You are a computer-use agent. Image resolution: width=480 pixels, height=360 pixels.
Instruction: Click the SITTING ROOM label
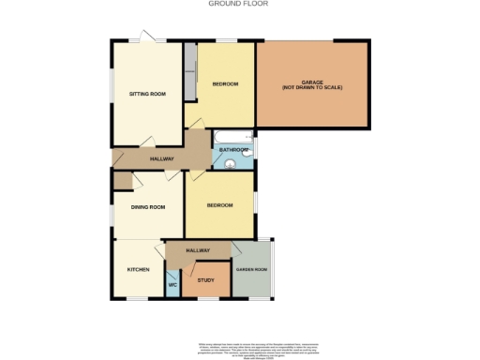147,94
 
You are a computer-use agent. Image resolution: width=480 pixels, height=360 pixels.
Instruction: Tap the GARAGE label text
312,85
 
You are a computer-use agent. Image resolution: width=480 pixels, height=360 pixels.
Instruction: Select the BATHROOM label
233,150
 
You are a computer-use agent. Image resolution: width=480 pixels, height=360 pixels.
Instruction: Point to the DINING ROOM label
148,207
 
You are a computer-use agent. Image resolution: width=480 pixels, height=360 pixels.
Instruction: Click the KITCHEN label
139,270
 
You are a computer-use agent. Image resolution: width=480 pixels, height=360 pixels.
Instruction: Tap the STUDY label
205,280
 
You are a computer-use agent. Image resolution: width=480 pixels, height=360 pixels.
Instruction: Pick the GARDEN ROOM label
251,270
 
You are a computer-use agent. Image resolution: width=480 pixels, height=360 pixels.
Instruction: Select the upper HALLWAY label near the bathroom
162,159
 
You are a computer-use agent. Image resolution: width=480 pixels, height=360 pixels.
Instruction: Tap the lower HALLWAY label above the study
197,250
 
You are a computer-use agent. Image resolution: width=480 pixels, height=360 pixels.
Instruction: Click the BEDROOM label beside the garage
225,84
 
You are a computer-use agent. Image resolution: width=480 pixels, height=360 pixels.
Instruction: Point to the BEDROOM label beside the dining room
219,204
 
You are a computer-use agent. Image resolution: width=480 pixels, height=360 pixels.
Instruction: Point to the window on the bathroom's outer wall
254,151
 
